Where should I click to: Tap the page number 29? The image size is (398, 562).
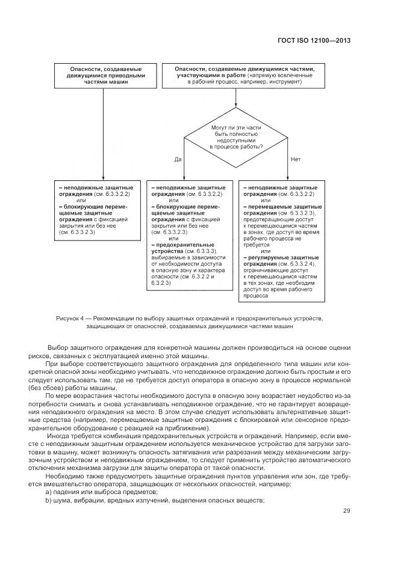346,511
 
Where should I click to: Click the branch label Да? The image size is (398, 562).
178,159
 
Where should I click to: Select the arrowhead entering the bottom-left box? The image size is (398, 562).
104,178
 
